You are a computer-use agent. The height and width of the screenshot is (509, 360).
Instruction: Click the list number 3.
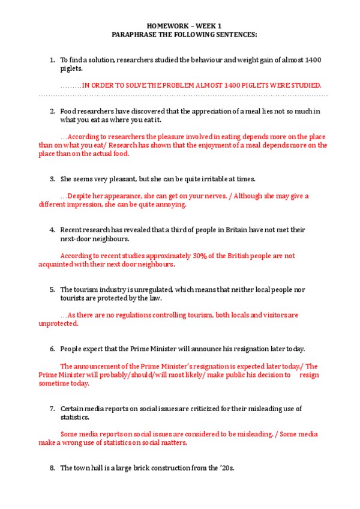[x=52, y=179]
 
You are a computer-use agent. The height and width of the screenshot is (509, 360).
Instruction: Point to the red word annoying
[x=173, y=204]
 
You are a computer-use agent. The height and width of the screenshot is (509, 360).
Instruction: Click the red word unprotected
[x=58, y=324]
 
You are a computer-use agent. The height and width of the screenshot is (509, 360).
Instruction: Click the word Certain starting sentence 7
[x=73, y=409]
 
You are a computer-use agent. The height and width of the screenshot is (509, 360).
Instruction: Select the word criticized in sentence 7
[x=201, y=409]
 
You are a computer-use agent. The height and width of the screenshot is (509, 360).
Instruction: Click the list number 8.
[x=52, y=468]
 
